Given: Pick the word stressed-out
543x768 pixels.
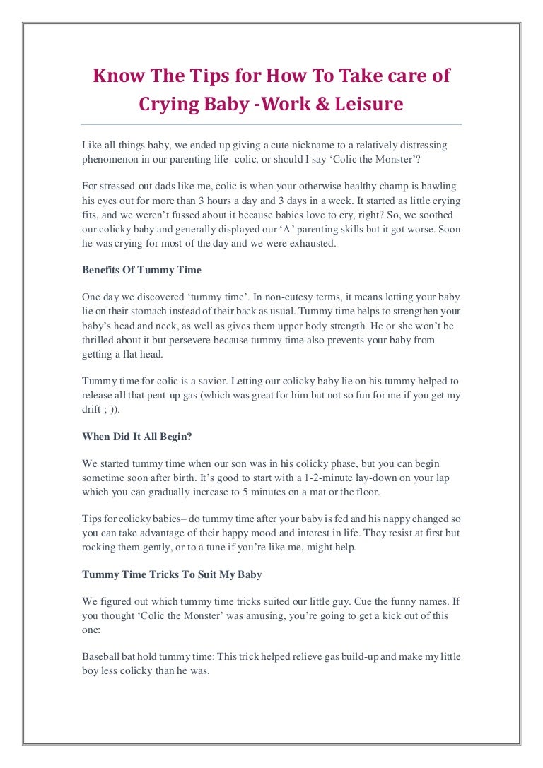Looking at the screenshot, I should tap(129, 187).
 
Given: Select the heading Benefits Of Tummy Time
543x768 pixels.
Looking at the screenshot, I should tap(141, 269).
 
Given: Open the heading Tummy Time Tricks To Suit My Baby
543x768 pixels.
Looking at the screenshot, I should tap(172, 574).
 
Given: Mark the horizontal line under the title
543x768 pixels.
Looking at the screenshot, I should tap(271, 124).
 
